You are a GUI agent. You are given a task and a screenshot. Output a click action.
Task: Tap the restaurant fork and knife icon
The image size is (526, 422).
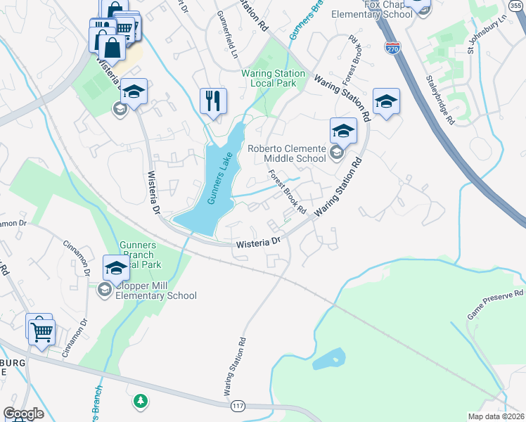point(213,101)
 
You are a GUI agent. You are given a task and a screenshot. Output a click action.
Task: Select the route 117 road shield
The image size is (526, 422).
point(237,407)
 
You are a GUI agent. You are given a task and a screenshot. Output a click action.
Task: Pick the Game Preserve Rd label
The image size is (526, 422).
point(495,304)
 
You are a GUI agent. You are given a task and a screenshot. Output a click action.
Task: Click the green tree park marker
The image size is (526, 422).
point(141,401)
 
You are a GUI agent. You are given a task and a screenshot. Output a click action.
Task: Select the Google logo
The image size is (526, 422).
point(23,414)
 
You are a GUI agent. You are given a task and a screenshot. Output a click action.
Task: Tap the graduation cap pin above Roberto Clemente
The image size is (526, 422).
point(343,130)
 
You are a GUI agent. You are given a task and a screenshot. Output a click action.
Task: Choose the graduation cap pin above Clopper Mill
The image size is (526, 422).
point(116,267)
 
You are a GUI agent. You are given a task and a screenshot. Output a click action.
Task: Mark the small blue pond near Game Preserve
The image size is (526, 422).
point(328,359)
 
